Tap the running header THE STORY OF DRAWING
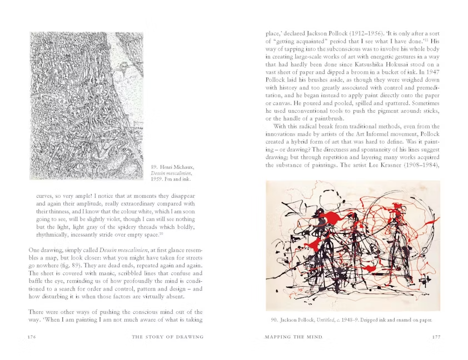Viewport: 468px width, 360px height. (x=167, y=337)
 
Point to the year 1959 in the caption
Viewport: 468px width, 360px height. (x=158, y=179)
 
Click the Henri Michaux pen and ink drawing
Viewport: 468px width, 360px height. (x=79, y=106)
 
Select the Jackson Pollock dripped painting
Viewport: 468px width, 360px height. (x=352, y=245)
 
